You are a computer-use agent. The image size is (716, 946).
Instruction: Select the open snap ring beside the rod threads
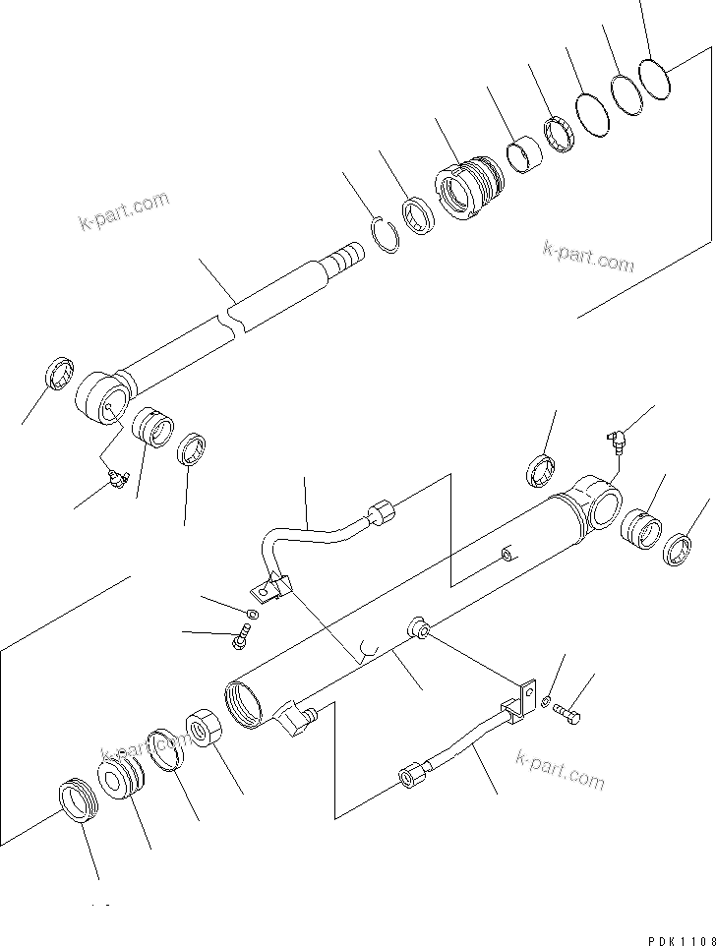click(x=388, y=237)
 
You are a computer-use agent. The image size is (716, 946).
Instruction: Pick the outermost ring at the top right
click(x=654, y=78)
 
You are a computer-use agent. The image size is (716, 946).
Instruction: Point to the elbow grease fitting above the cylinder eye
click(x=616, y=440)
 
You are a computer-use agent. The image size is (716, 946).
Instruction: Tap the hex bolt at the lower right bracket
click(x=567, y=714)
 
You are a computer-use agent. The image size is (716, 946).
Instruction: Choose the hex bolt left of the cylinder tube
click(x=239, y=640)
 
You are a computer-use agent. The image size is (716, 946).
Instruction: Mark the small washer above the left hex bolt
click(x=252, y=615)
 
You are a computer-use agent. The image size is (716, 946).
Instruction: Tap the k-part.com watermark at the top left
click(x=123, y=211)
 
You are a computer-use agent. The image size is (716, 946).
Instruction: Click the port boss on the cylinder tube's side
click(x=419, y=628)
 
